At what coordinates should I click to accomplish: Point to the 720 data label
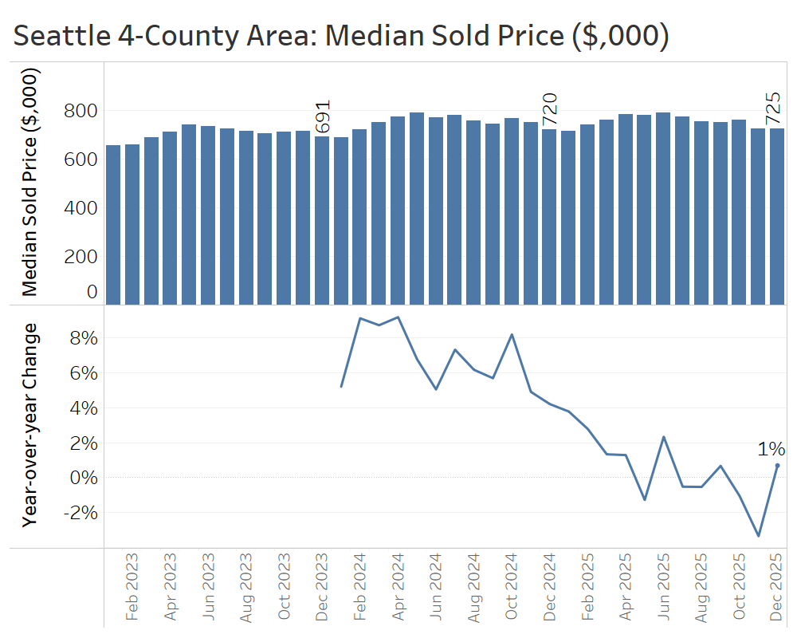549,109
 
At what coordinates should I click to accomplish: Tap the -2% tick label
80,513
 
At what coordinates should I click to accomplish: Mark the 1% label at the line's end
771,449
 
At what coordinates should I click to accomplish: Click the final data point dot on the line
777,465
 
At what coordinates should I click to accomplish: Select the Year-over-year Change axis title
31,424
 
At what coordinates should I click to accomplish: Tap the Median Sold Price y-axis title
31,182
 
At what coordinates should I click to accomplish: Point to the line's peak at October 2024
512,335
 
